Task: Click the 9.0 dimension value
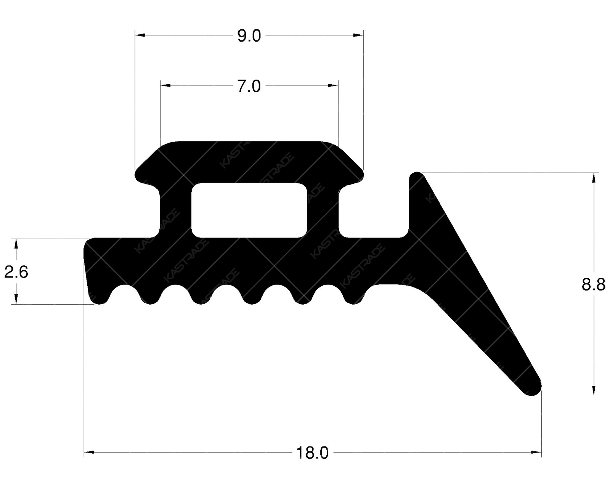249,36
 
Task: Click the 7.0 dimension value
249,87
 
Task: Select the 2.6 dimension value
16,272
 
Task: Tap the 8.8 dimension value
594,284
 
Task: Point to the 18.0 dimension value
312,453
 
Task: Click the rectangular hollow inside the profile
249,210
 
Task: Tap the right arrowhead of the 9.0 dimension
358,35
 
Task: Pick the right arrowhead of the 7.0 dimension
333,86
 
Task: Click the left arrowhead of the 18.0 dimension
89,452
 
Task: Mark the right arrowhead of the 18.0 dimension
536,452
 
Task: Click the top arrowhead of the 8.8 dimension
594,178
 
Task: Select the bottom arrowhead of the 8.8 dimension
594,391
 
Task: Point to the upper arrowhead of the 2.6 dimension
16,243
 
